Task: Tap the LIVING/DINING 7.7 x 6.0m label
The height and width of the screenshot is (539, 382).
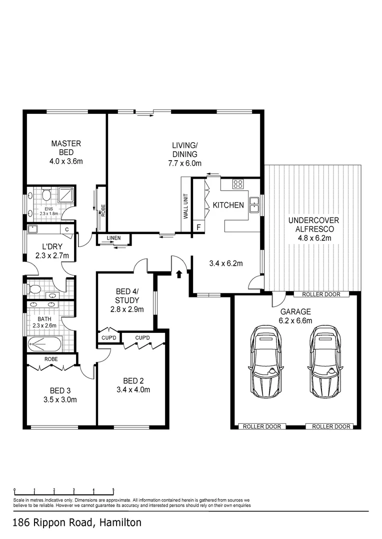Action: point(184,154)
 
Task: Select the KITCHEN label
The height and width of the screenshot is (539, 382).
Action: point(228,205)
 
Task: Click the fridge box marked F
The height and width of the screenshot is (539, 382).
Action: point(198,228)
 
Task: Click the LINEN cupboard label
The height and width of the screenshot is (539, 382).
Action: point(113,239)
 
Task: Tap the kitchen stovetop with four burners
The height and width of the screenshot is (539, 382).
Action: point(237,184)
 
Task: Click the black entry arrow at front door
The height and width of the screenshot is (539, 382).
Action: point(179,273)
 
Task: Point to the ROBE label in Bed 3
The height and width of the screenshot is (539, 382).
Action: point(51,359)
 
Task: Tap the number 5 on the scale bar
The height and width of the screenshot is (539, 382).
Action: point(113,490)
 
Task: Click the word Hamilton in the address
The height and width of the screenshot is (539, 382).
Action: point(120,523)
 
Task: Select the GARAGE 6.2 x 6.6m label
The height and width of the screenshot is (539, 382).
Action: point(295,314)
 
